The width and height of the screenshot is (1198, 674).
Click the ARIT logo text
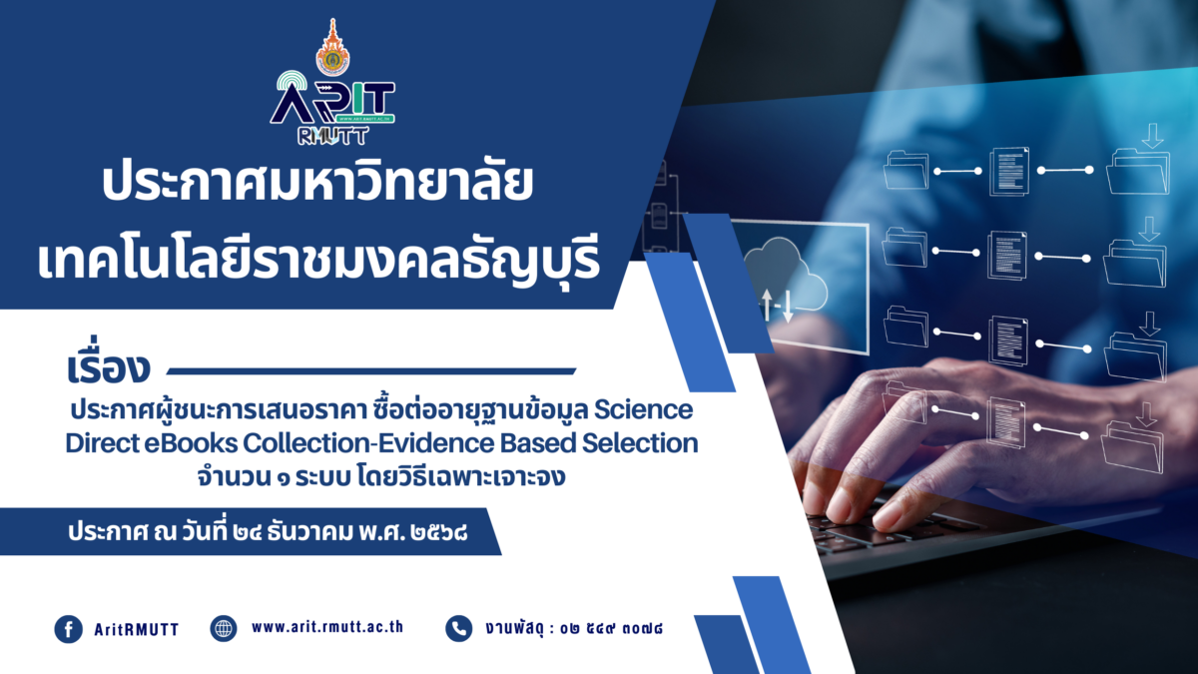pyautogui.click(x=334, y=101)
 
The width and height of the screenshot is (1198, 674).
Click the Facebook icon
pyautogui.click(x=68, y=629)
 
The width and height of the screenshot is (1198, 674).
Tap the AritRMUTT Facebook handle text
pyautogui.click(x=136, y=629)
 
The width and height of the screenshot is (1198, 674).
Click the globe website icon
pyautogui.click(x=224, y=629)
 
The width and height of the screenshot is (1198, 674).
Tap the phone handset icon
pyautogui.click(x=458, y=628)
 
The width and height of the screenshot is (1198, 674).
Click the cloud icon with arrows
pyautogui.click(x=785, y=280)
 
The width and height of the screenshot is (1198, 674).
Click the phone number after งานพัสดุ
pyautogui.click(x=616, y=629)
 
